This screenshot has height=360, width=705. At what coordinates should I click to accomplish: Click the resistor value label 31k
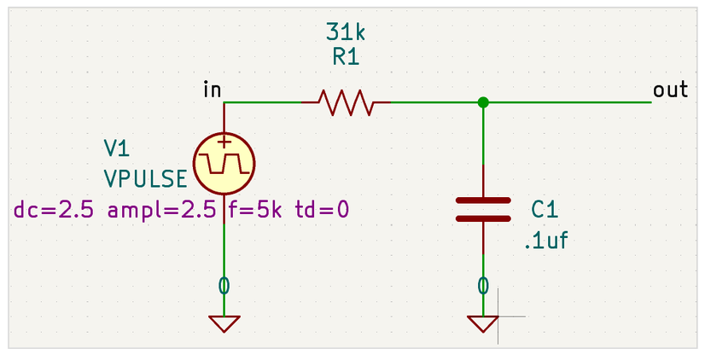point(346,32)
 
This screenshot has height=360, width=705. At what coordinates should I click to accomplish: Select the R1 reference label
point(346,57)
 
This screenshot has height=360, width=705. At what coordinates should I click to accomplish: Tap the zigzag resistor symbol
point(346,102)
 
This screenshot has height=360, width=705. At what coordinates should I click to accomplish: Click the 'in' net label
point(213,89)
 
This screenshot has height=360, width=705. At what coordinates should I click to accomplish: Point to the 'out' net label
point(670,90)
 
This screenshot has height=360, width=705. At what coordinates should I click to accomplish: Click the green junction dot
point(483,102)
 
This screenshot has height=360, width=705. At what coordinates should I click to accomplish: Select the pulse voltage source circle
point(224,163)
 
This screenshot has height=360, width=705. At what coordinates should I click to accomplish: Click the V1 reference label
point(116,148)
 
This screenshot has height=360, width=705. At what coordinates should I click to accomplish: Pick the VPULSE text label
point(145,179)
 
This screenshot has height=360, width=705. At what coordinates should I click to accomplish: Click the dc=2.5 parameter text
point(54,210)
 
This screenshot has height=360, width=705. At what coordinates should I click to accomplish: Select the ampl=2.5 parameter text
point(162,210)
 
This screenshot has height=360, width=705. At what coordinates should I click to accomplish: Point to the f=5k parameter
point(255,210)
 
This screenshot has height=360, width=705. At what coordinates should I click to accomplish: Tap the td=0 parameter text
point(322,210)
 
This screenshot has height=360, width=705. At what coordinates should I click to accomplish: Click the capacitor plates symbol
point(483,210)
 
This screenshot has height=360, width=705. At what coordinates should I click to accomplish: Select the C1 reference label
point(545,210)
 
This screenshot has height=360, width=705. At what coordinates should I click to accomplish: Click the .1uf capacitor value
point(546,241)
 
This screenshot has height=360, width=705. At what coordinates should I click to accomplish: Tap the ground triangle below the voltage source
point(224,323)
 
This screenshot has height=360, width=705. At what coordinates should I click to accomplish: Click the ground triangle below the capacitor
point(483,323)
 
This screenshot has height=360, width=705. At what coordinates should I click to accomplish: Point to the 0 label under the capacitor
point(483,286)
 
